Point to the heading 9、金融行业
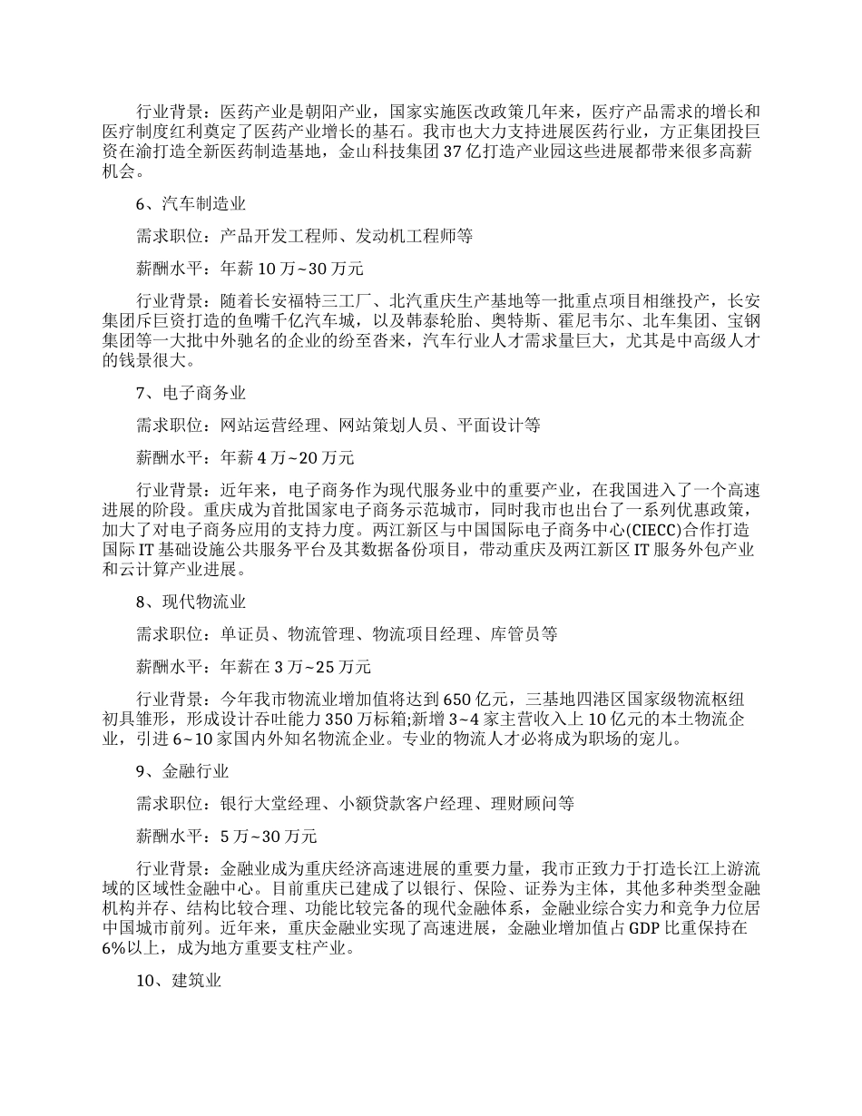182,772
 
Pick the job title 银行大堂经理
269,803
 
